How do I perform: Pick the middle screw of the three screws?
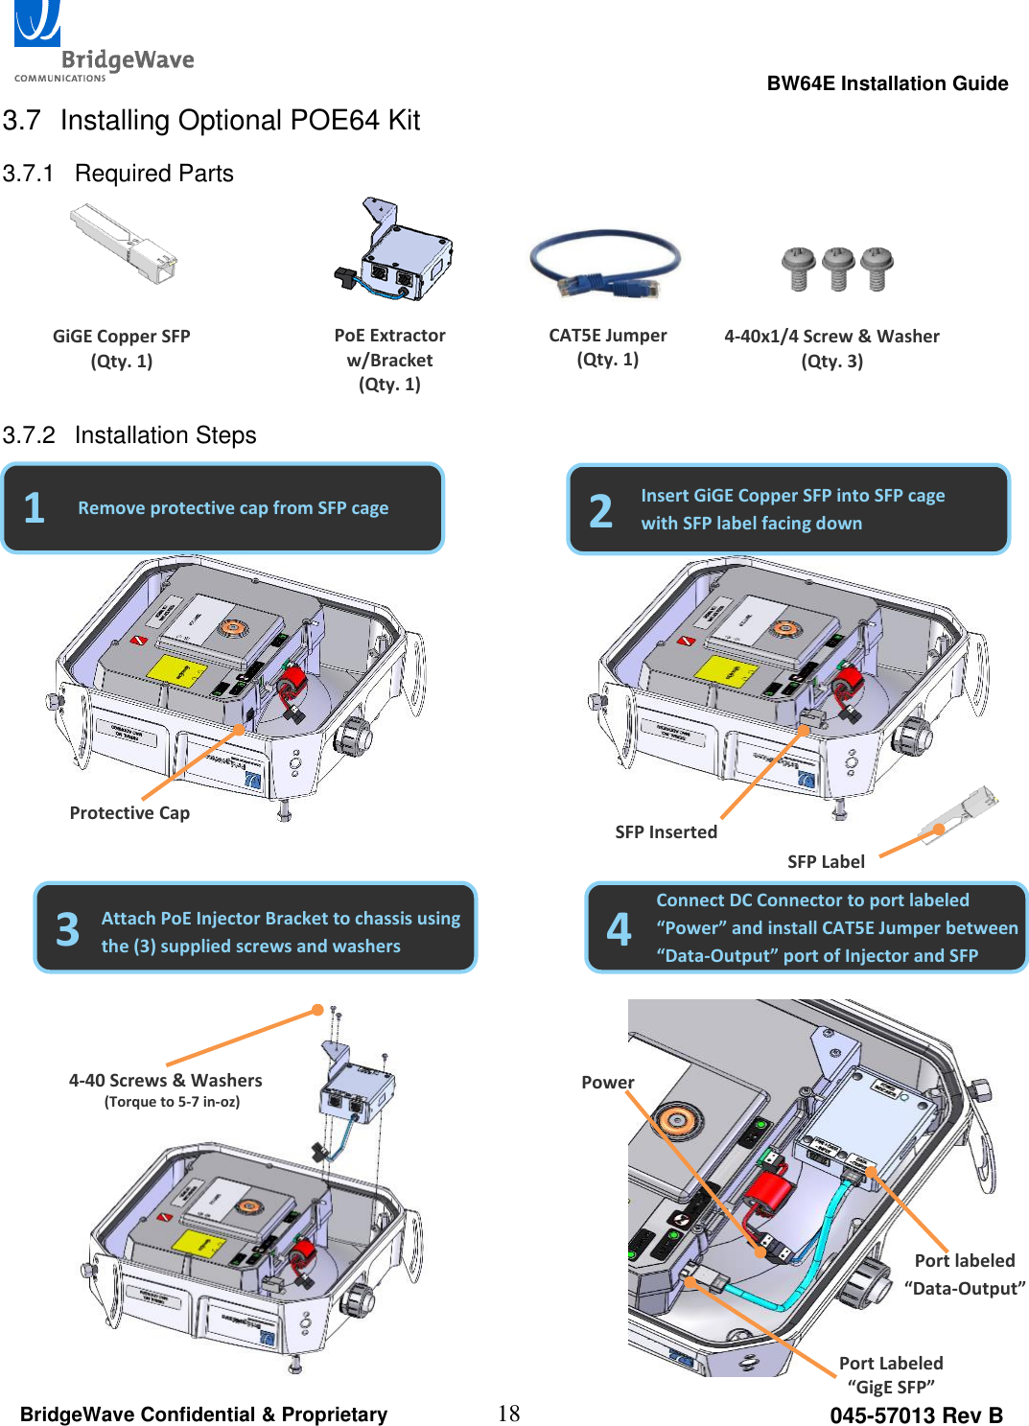838,268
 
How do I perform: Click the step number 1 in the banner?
35,508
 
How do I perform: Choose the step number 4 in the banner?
620,929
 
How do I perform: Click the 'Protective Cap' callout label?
129,813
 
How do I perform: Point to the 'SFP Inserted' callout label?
666,832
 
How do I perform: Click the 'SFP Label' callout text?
826,862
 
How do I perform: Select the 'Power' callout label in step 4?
607,1083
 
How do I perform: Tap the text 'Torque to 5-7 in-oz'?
173,1102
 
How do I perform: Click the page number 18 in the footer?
508,1414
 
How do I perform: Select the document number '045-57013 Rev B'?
916,1415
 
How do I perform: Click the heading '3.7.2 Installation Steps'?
129,435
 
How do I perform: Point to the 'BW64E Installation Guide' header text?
887,83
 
